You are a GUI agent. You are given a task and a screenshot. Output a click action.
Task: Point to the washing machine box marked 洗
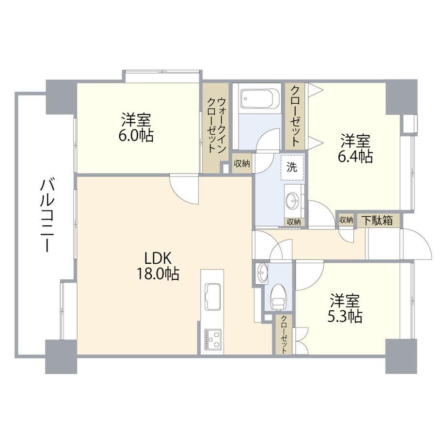pos(292,168)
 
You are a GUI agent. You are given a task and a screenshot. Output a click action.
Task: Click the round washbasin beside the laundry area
pos(293,200)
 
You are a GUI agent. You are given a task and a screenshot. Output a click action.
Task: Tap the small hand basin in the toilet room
pos(262,273)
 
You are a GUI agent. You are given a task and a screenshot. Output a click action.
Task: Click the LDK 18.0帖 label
pos(158,266)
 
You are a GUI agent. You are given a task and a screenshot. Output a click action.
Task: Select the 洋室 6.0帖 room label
pos(136,127)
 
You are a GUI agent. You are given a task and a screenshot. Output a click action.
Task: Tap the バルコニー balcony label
pos(47,216)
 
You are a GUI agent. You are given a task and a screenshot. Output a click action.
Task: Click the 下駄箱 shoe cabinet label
pos(377,220)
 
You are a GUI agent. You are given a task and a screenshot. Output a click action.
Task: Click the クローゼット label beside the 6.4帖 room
pos(295,116)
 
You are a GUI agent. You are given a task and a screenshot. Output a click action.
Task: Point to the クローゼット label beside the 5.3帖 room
pos(284,334)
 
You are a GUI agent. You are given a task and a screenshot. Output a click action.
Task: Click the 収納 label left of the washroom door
pos(242,163)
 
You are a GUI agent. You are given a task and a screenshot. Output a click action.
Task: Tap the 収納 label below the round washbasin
pos(293,222)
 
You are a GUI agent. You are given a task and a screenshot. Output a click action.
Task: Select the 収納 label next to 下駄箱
pos(346,220)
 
